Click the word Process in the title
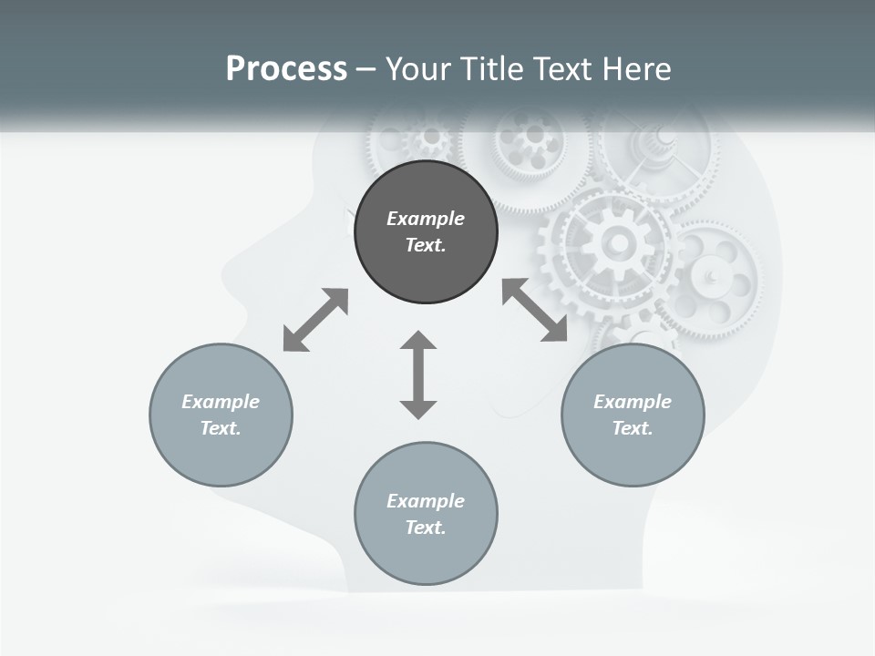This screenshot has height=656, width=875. (286, 69)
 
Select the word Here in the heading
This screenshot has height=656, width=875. (634, 69)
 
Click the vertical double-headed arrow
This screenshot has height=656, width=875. (418, 374)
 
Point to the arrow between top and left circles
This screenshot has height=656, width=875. (315, 320)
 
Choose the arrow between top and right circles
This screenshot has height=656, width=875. (535, 311)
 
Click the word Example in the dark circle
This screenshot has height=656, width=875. (426, 219)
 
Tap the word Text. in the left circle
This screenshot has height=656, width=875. (221, 428)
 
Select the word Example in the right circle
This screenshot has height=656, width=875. (633, 402)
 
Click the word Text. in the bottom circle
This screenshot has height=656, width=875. (426, 528)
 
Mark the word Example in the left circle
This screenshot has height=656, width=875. (221, 402)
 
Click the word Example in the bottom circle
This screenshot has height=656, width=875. (426, 501)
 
